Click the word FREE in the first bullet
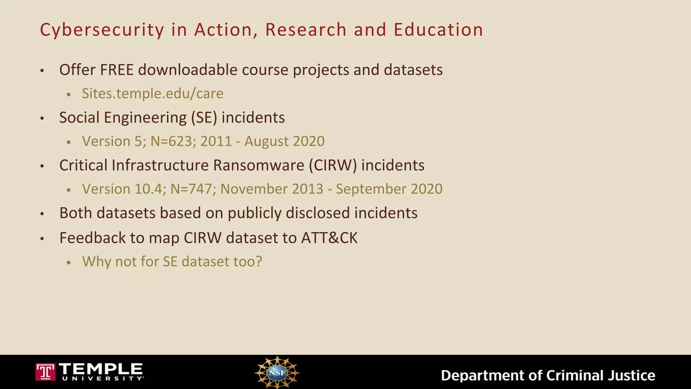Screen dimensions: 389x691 (x=117, y=70)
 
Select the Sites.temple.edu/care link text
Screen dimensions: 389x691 (x=153, y=94)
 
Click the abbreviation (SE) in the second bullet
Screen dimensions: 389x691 (x=204, y=118)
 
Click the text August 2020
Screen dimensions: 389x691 (x=284, y=141)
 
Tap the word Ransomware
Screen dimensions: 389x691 (x=258, y=165)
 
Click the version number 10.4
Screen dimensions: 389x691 (x=150, y=189)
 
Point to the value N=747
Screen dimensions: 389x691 (x=193, y=189)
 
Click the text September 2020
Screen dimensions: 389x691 (x=389, y=189)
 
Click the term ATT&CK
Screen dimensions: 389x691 (x=329, y=238)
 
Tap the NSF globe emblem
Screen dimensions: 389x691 (x=277, y=372)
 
